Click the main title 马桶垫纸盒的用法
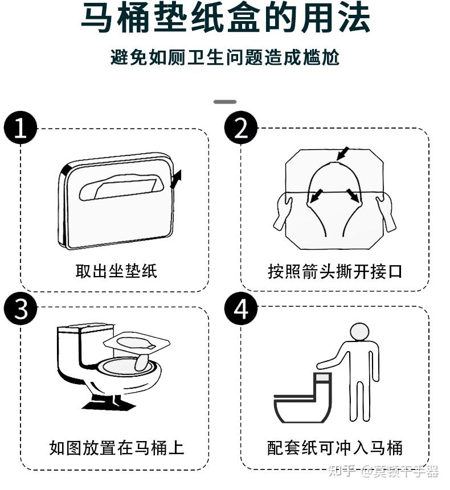225,18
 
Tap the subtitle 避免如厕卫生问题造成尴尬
225,57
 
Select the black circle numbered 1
21,127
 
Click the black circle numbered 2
240,127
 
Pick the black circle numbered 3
21,309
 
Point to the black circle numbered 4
240,309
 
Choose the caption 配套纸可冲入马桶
335,448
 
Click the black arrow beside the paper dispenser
177,179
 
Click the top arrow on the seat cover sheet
343,153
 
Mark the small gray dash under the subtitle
224,102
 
